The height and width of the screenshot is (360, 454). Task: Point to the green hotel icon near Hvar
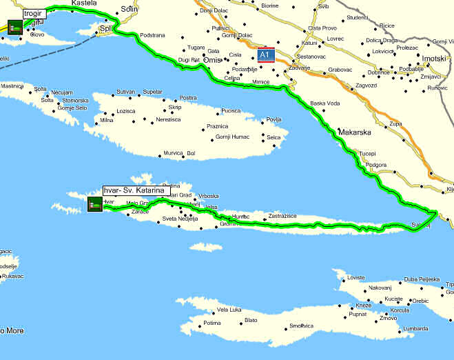tap(95, 203)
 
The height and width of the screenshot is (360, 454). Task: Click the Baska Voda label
tap(325, 104)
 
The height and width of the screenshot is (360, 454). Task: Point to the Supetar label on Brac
tap(152, 92)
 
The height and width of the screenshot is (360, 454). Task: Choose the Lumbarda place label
tap(415, 329)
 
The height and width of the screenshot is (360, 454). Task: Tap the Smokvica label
tap(301, 326)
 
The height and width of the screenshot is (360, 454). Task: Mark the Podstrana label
tap(152, 35)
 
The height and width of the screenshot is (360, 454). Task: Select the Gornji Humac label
tap(232, 137)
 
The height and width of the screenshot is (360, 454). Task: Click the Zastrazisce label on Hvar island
tap(282, 216)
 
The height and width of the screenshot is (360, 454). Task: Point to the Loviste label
tap(355, 277)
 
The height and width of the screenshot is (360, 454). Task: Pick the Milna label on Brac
tap(107, 120)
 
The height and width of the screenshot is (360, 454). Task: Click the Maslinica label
tap(12, 86)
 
